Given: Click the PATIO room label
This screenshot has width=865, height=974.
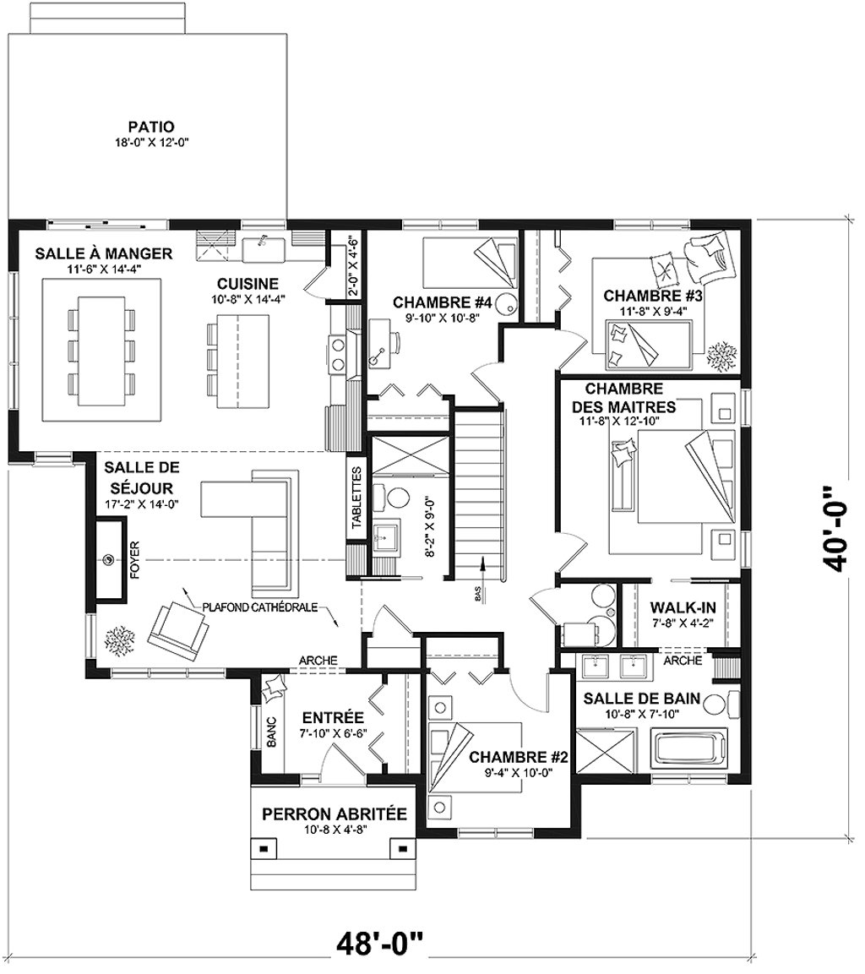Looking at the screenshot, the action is coord(151,128).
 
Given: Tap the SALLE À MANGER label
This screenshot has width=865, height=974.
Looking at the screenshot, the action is coord(104,253).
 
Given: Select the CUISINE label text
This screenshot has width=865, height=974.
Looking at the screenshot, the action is coord(248,284).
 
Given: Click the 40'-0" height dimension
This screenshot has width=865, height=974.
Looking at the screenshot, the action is coord(837,528).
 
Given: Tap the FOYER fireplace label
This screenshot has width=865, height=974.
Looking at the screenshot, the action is coord(135,560).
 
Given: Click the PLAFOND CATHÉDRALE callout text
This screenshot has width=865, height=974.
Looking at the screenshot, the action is coord(260,607).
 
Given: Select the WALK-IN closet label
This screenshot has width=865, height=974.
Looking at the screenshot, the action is coord(683,607).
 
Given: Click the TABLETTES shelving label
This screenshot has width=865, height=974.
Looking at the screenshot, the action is coord(356,498).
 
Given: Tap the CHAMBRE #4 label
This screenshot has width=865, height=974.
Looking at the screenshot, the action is coord(443,302).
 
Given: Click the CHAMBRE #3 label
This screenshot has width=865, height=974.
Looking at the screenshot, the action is coord(653,296).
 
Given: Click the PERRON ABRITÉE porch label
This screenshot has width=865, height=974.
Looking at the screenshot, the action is coord(334,813).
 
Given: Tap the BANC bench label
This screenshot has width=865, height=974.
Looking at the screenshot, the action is coord(271,732).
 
